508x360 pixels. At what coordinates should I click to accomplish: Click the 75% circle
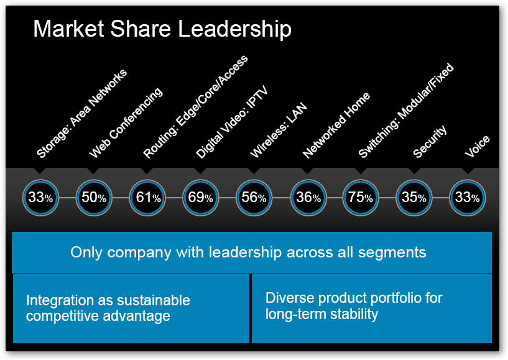pyautogui.click(x=361, y=198)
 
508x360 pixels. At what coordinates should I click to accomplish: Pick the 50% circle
pyautogui.click(x=94, y=198)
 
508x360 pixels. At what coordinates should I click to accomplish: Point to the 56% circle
pyautogui.click(x=254, y=198)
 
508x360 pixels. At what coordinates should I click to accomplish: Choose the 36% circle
pyautogui.click(x=308, y=198)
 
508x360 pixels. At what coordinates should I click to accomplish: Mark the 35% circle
pyautogui.click(x=413, y=198)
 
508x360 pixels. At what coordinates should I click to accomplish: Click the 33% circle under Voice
pyautogui.click(x=467, y=198)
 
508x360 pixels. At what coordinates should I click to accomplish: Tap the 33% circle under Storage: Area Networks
pyautogui.click(x=40, y=198)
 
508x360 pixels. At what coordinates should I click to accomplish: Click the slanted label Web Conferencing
pyautogui.click(x=126, y=122)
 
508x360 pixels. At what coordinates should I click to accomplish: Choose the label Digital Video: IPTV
pyautogui.click(x=231, y=121)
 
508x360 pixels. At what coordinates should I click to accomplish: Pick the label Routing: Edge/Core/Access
pyautogui.click(x=195, y=106)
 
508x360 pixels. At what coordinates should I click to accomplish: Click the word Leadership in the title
pyautogui.click(x=232, y=29)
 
